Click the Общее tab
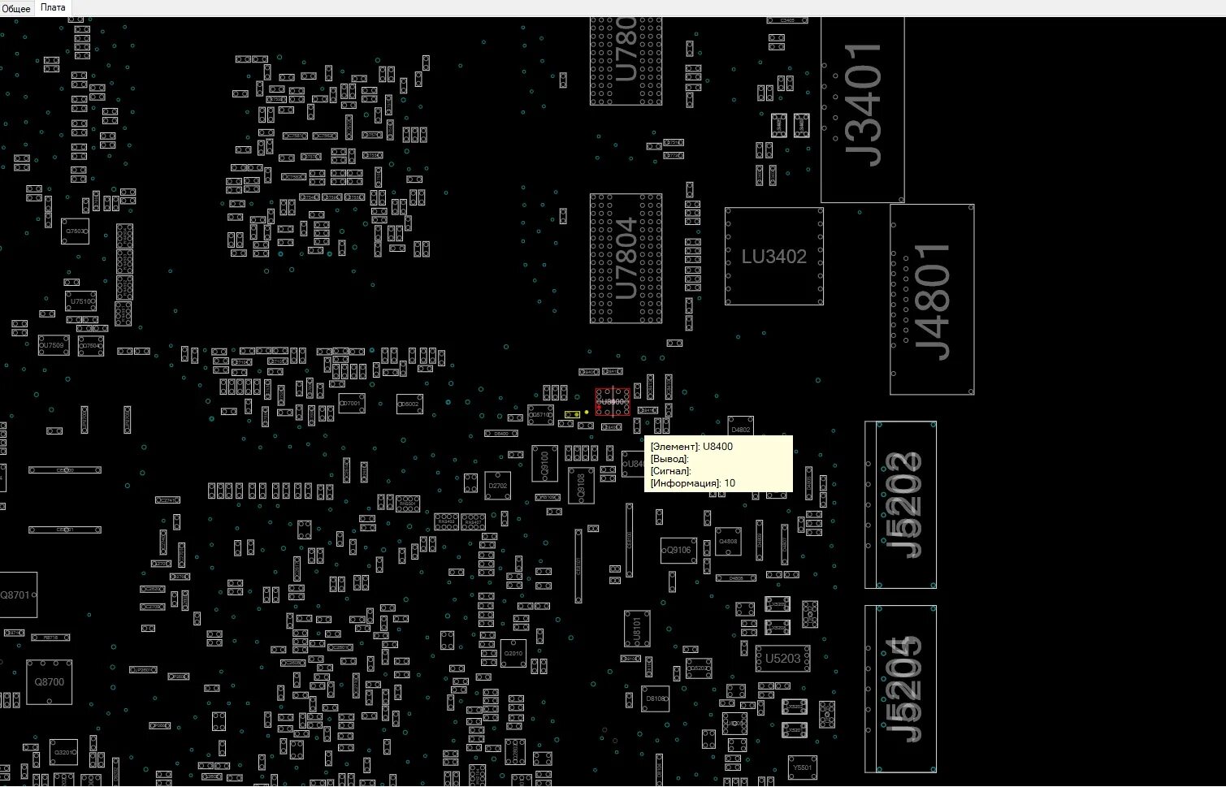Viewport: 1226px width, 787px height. [16, 8]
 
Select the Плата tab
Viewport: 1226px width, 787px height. [53, 7]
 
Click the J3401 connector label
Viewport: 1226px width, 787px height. [863, 106]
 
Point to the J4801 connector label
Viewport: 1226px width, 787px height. [933, 301]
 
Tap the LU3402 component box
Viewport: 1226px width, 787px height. [773, 257]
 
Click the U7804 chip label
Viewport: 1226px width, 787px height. [626, 258]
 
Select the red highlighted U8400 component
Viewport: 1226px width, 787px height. [613, 402]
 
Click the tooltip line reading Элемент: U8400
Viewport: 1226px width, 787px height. [691, 447]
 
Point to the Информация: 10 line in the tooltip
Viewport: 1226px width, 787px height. [693, 483]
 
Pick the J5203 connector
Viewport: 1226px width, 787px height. [901, 504]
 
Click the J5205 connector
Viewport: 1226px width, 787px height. [901, 689]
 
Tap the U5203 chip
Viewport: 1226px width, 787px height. [782, 659]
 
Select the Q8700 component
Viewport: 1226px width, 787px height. [49, 682]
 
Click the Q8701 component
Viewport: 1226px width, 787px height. [15, 595]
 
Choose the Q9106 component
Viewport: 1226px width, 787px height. [678, 550]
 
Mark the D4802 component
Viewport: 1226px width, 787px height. [740, 429]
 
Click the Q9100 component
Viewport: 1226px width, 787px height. [544, 463]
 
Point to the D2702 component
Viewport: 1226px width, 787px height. [497, 486]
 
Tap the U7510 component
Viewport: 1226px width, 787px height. [80, 301]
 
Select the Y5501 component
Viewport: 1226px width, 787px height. [802, 768]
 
